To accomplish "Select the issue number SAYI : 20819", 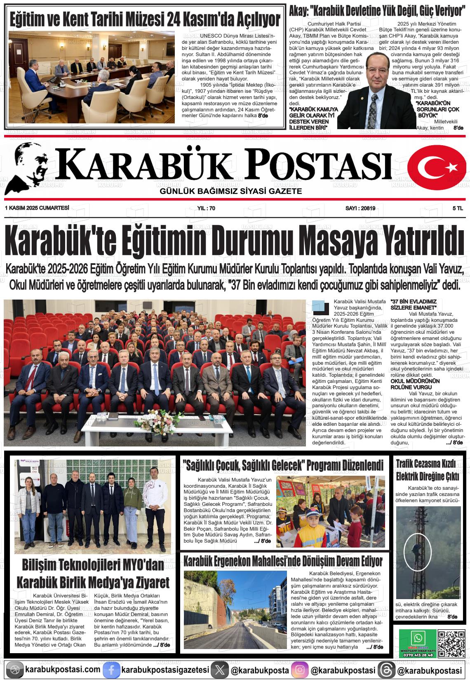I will [x=360, y=208].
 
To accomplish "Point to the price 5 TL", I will [x=458, y=208].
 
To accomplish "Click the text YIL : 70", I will [x=206, y=208].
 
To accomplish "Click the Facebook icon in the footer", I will [x=111, y=670].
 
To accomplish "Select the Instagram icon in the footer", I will [x=300, y=670].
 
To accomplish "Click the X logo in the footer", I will [x=219, y=670].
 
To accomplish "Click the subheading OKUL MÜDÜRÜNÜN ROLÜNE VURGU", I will [x=415, y=384].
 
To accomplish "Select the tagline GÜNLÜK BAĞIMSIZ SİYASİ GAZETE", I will [x=231, y=191].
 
